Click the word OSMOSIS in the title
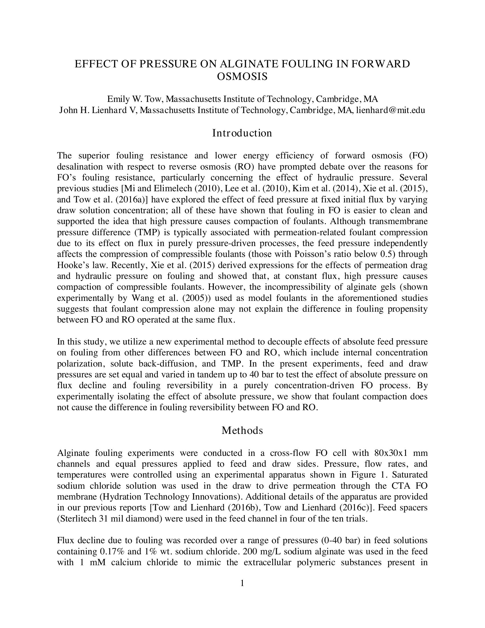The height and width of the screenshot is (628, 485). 242,77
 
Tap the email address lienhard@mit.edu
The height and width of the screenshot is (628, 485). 391,110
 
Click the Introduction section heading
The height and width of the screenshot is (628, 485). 242,133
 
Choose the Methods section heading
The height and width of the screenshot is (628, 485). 242,430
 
